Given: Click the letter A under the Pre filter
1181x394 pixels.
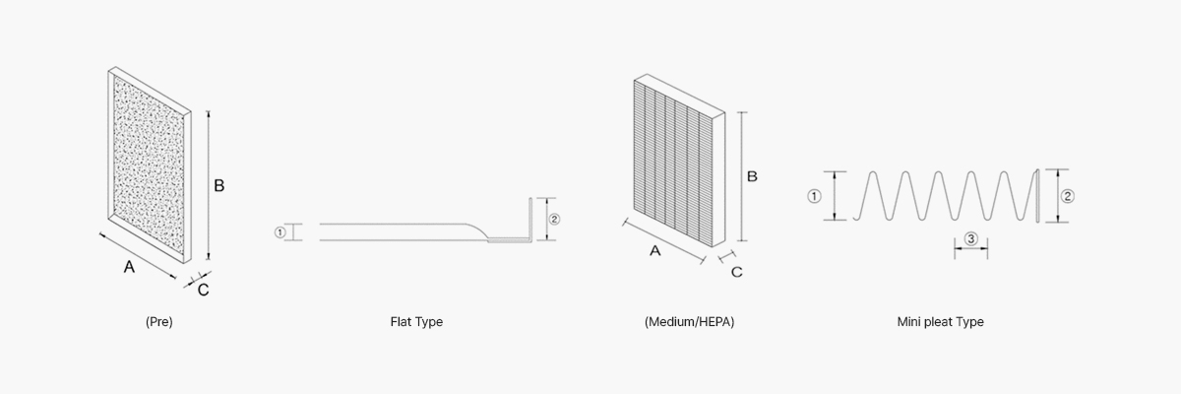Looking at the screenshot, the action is pos(129,267).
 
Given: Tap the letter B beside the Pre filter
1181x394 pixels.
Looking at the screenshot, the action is pos(218,185).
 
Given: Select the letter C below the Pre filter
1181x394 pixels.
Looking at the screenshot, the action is pos(203,290).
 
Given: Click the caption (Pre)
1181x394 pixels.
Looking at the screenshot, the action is pos(159,322).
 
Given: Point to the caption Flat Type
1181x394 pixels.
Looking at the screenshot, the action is pos(416,322).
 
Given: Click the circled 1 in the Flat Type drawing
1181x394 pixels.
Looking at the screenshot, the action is pos(280,232).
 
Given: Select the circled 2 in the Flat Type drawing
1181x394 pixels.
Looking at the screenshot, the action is pos(554,219).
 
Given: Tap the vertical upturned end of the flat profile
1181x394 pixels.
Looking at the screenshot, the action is pos(530,219).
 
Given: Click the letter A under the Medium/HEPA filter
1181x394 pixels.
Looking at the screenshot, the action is pos(654,251).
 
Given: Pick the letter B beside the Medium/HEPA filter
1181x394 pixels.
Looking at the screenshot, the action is pos(752,176).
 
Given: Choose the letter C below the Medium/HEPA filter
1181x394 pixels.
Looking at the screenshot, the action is pos(736,272).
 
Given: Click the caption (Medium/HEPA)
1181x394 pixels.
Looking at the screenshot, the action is pos(689,322).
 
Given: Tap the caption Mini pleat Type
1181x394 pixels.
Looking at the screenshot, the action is pos(941,322).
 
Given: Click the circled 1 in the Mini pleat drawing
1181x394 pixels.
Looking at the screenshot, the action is pos(814,196).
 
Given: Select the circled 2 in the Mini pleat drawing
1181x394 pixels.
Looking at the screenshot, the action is pos(1067,196).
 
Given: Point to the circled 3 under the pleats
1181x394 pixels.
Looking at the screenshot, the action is pos(971,239).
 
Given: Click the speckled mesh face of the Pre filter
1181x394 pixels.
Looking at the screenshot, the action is pos(149,164).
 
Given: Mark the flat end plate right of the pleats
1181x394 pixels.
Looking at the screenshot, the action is pos(1037,196).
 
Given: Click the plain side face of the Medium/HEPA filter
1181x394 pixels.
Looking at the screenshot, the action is pos(718,179).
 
